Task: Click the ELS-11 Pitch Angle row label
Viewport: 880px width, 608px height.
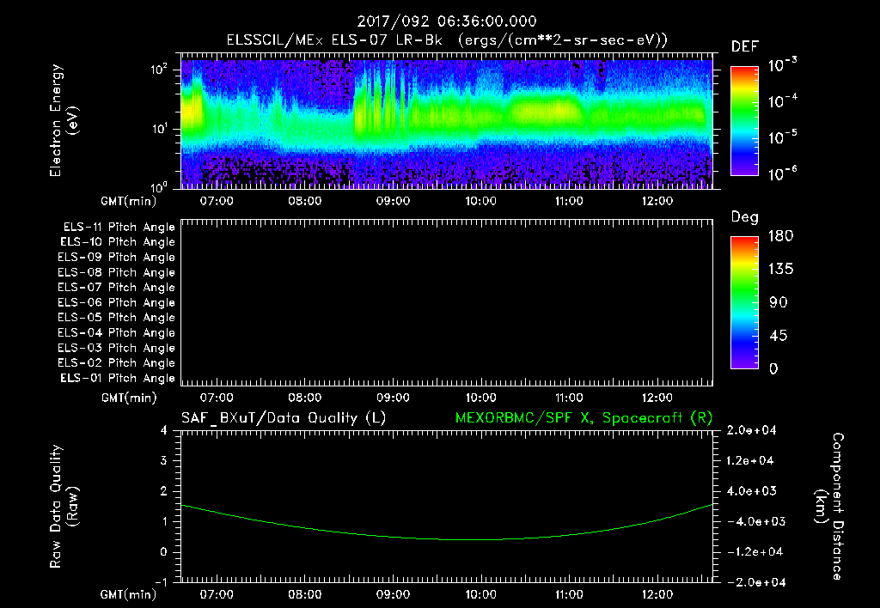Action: (119, 227)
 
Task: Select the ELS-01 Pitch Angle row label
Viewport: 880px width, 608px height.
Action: (119, 378)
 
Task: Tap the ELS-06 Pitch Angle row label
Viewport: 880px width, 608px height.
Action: (119, 302)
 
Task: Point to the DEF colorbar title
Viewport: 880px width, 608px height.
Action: (744, 46)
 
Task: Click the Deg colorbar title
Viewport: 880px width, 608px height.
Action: (744, 217)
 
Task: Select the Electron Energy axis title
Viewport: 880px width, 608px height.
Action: (64, 120)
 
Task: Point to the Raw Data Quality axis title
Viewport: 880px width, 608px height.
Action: (64, 506)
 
